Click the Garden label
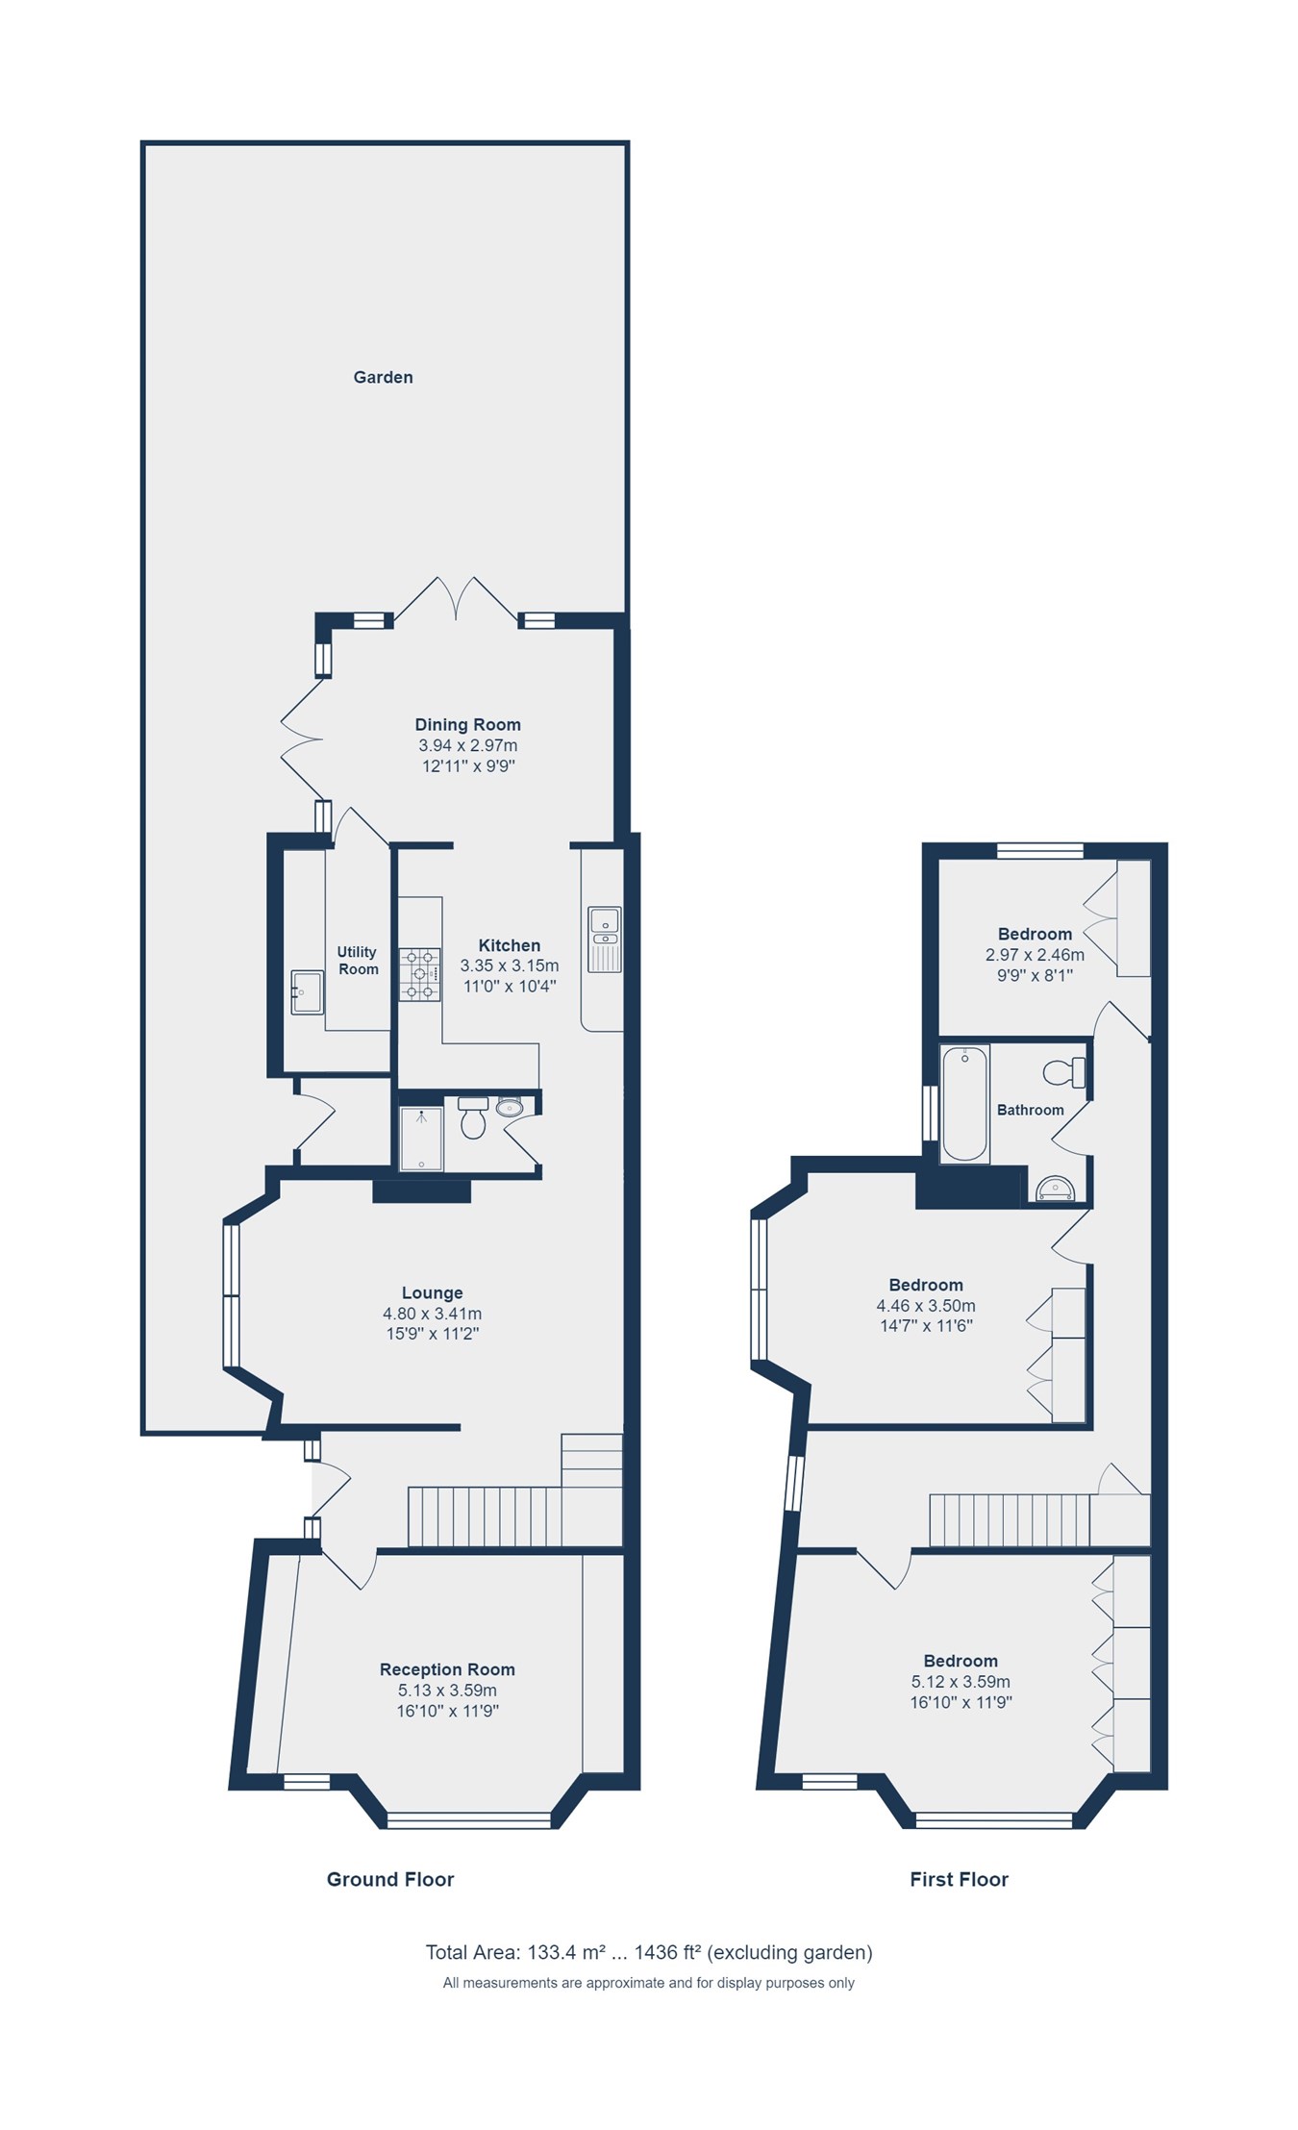coord(383,378)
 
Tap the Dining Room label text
coord(467,725)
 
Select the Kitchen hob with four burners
coord(420,974)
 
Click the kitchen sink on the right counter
coord(605,939)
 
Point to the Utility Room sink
coord(307,992)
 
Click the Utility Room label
coord(358,961)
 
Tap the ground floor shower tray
coord(421,1139)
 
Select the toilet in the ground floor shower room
coord(473,1118)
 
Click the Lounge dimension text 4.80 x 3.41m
coord(432,1314)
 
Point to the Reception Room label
coord(447,1669)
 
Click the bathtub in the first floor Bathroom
coord(964,1104)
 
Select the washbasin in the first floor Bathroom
coord(1056,1190)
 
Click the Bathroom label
coord(1030,1110)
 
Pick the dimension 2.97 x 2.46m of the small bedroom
coord(1035,955)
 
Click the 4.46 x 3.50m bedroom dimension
coord(926,1306)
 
